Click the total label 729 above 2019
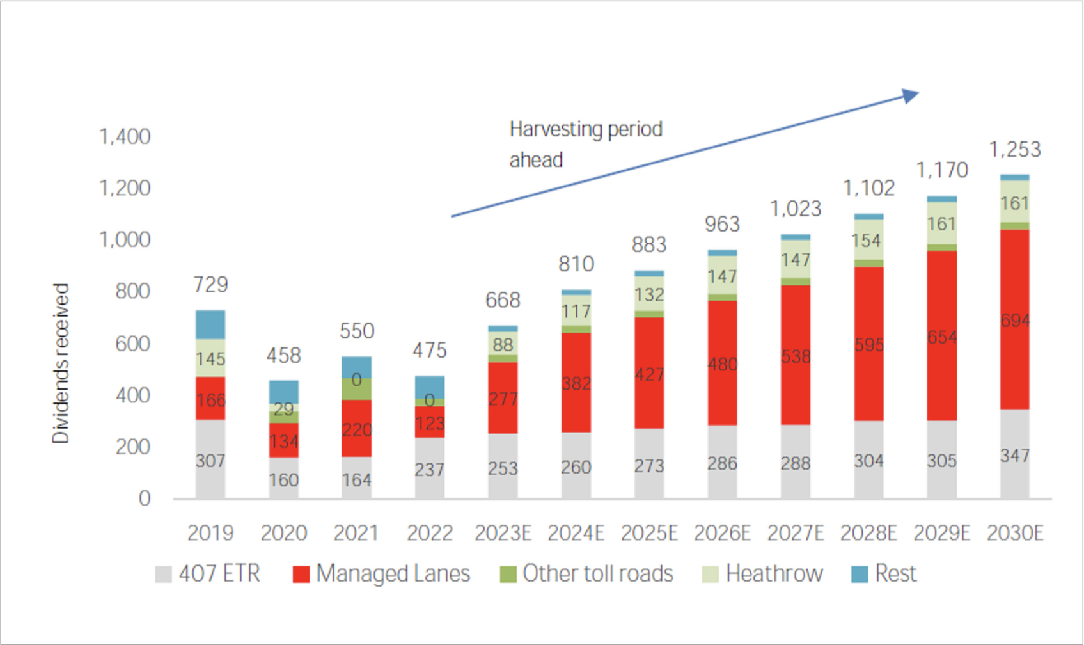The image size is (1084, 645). click(x=210, y=285)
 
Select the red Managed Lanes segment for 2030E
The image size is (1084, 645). click(x=1015, y=320)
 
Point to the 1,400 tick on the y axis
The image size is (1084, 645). click(x=125, y=136)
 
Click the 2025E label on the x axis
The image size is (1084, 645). click(x=649, y=533)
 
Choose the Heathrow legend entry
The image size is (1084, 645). click(x=763, y=573)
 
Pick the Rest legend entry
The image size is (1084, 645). click(x=884, y=573)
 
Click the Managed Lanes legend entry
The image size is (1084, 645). click(x=382, y=573)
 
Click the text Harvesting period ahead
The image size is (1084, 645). click(x=586, y=144)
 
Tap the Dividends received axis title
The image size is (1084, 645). click(x=60, y=363)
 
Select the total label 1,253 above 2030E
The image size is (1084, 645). click(x=1015, y=150)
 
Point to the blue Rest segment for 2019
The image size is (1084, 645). click(x=210, y=324)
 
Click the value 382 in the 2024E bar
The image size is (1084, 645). click(x=576, y=383)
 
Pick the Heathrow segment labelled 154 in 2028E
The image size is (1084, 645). click(x=868, y=241)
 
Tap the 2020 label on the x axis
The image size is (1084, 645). click(x=283, y=533)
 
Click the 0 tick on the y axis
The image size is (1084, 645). click(x=145, y=498)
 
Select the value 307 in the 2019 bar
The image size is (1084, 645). click(x=210, y=461)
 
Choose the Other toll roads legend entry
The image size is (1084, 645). click(x=587, y=573)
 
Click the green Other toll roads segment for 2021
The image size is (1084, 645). click(x=356, y=389)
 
